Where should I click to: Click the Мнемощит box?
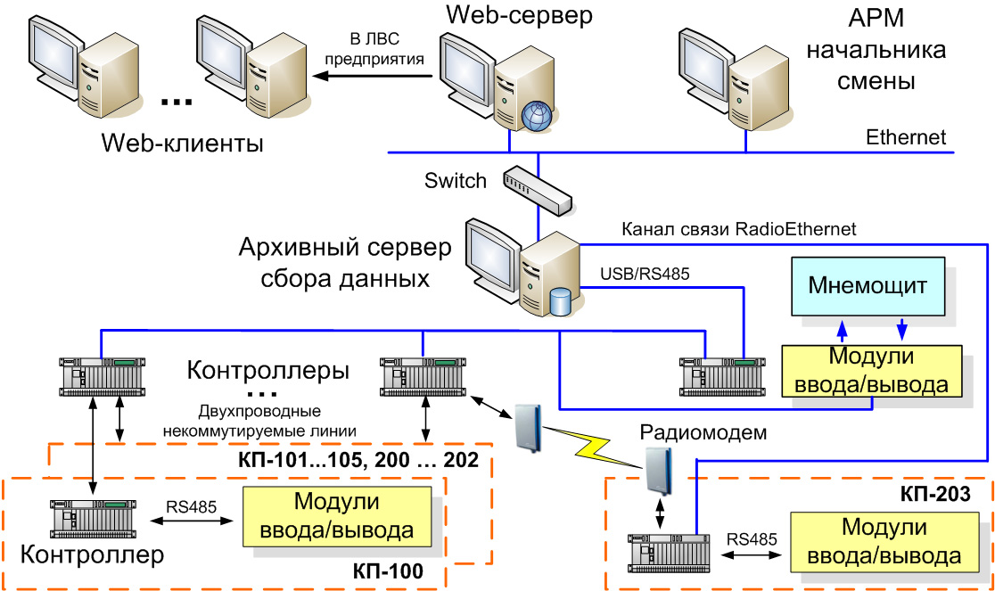[868, 286]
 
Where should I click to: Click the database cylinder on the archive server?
[560, 301]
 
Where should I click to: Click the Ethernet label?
[906, 137]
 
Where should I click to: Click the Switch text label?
[456, 181]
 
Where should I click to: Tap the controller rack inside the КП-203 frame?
[669, 552]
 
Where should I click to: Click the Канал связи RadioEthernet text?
[738, 229]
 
